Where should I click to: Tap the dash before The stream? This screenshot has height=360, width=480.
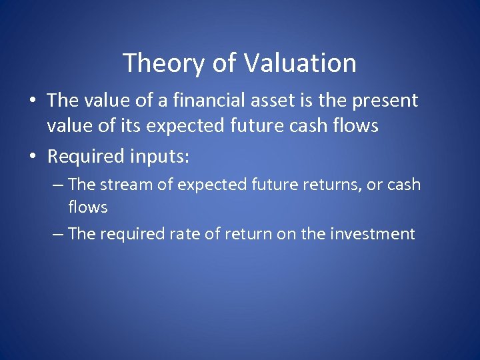pyautogui.click(x=58, y=184)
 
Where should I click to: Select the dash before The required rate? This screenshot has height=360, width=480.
pyautogui.click(x=58, y=234)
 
